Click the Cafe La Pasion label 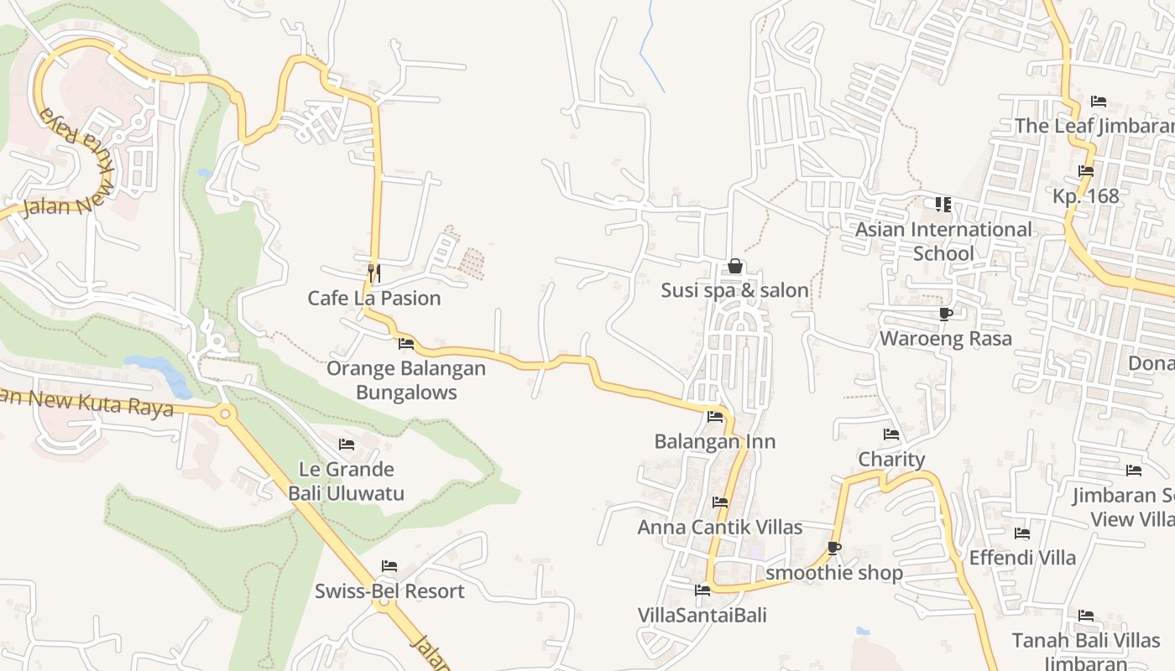373,298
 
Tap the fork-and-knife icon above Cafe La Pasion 374,273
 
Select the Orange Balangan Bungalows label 406,380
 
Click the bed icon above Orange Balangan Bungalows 406,344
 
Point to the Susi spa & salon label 734,290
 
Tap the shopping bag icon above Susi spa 735,267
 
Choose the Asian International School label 943,242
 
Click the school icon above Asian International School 943,205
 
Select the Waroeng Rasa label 945,338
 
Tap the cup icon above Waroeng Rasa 945,315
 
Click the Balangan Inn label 715,441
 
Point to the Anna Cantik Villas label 720,528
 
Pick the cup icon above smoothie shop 833,549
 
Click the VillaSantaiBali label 702,615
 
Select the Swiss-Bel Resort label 389,591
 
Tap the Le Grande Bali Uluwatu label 347,481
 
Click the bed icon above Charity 891,434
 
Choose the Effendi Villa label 1022,558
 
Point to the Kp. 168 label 1086,196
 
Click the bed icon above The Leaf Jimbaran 1099,101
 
